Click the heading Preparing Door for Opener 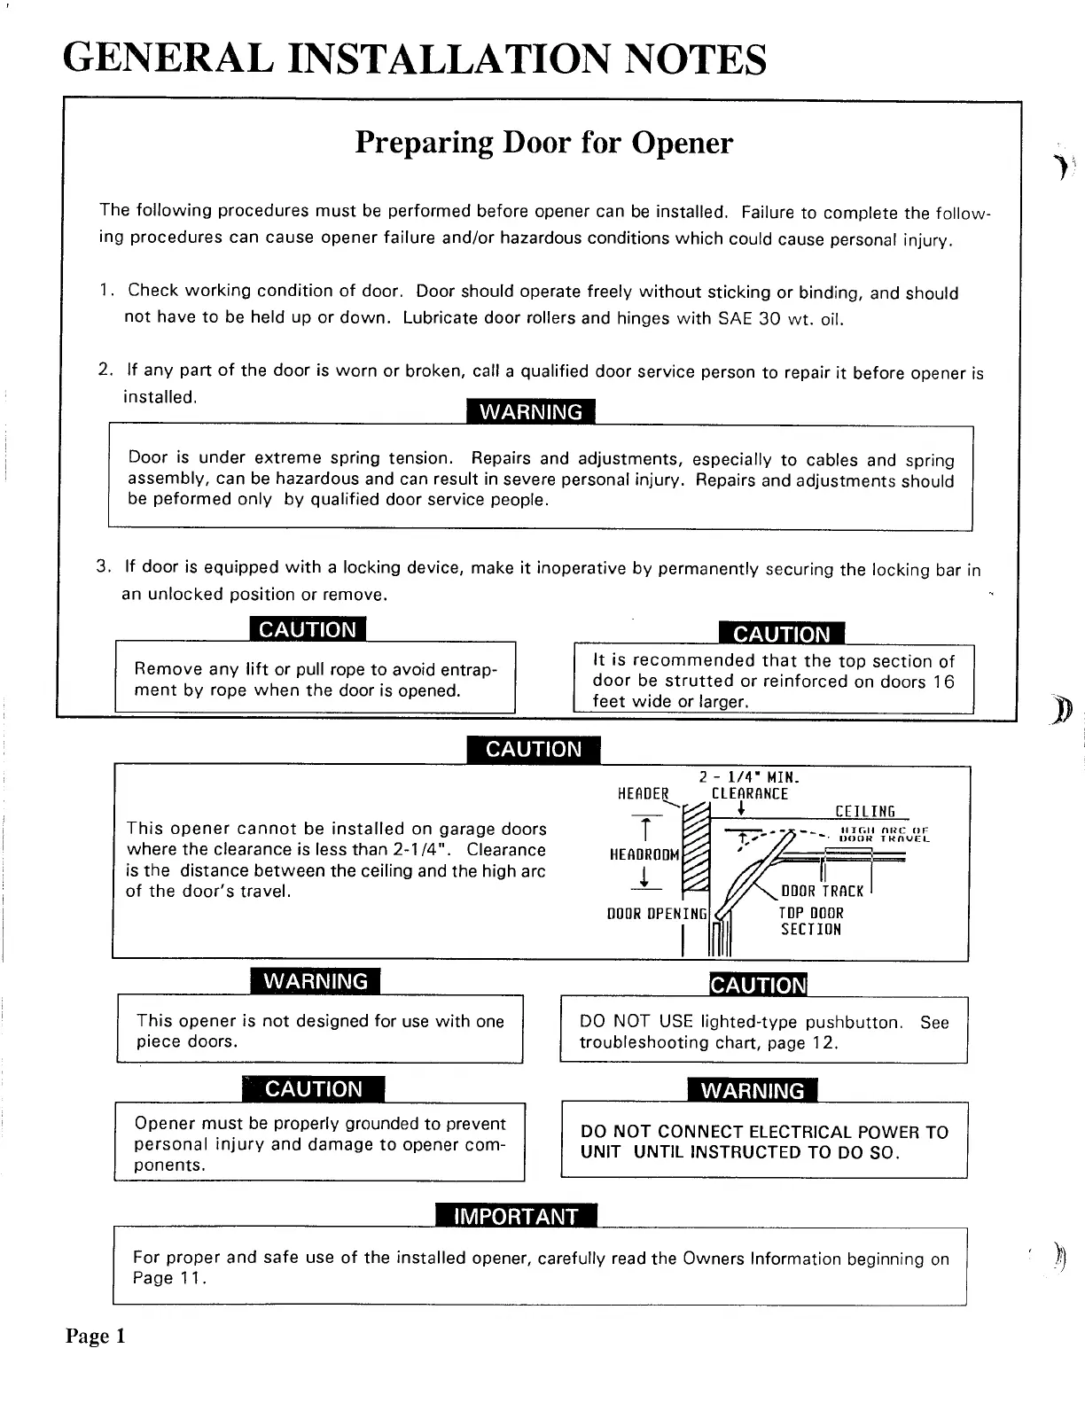tap(543, 143)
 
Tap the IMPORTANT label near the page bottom tap(516, 1216)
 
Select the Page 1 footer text tap(96, 1336)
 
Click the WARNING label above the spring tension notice tap(530, 412)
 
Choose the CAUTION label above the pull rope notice tap(307, 629)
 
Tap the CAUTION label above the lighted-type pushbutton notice tap(759, 985)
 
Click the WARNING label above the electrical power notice tap(752, 1090)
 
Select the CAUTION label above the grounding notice tap(313, 1088)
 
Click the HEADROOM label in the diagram tap(644, 854)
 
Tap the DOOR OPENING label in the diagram tap(657, 913)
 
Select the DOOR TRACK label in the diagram tap(822, 892)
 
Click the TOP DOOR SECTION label tap(811, 921)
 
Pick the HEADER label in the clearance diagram tap(643, 794)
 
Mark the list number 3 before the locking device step tap(103, 566)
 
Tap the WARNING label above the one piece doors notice tap(316, 981)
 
